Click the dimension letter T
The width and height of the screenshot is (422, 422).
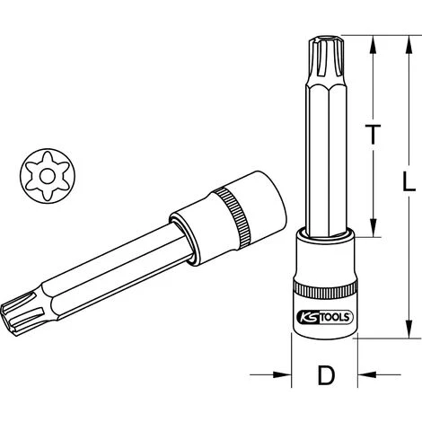point(373,135)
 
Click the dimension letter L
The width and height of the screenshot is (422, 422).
point(409,181)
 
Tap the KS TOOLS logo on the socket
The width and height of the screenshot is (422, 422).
point(325,317)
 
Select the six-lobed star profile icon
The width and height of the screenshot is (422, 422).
point(48,176)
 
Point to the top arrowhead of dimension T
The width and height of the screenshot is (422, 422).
point(373,45)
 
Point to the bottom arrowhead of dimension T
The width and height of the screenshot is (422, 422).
point(373,227)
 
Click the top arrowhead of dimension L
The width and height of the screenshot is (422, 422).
point(409,45)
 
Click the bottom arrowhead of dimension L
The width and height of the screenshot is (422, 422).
point(409,329)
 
